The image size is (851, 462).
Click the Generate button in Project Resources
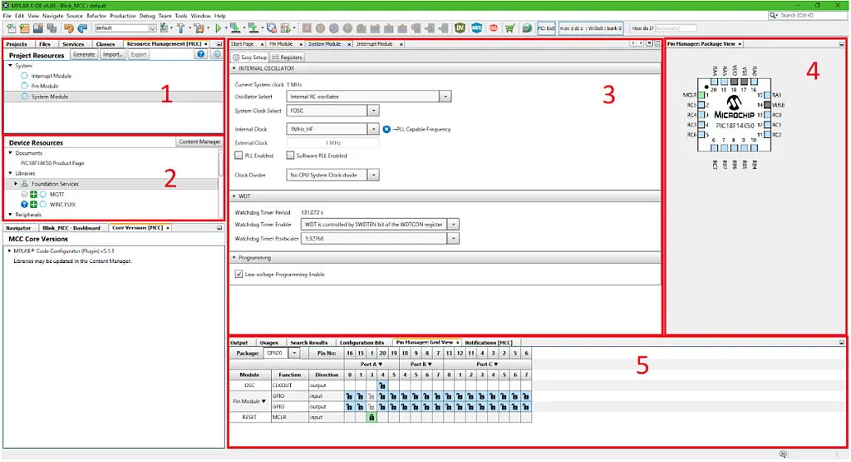pyautogui.click(x=83, y=55)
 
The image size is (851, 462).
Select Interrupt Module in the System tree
pyautogui.click(x=52, y=76)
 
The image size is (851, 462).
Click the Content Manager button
pyautogui.click(x=199, y=142)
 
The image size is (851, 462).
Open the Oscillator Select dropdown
pyautogui.click(x=445, y=97)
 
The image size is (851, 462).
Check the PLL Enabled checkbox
pyautogui.click(x=239, y=156)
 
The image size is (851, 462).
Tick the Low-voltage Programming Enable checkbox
pyautogui.click(x=239, y=274)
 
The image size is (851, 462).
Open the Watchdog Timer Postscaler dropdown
pyautogui.click(x=453, y=238)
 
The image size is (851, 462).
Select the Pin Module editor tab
pyautogui.click(x=281, y=43)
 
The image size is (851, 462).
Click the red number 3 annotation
pyautogui.click(x=608, y=95)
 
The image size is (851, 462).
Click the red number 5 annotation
pyautogui.click(x=642, y=365)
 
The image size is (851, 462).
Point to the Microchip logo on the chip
pyautogui.click(x=733, y=103)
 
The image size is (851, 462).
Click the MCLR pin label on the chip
pyautogui.click(x=688, y=96)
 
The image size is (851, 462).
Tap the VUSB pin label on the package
pyautogui.click(x=778, y=105)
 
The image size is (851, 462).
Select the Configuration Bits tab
pyautogui.click(x=362, y=342)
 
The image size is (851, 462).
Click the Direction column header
pyautogui.click(x=327, y=375)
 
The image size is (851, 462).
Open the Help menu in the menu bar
pyautogui.click(x=220, y=16)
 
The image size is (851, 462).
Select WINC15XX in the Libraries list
pyautogui.click(x=62, y=204)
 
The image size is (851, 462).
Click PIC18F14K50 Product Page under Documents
pyautogui.click(x=52, y=163)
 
